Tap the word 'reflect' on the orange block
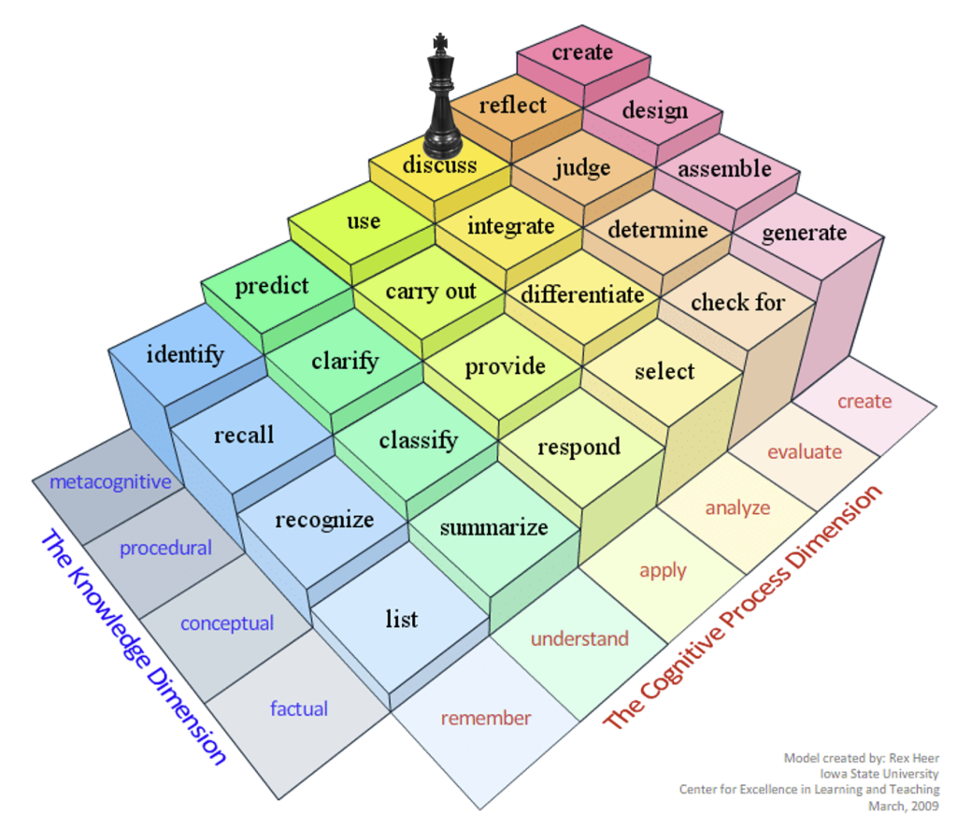[x=513, y=105]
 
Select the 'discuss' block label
[x=439, y=164]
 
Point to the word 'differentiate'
[x=582, y=294]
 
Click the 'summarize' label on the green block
[x=493, y=527]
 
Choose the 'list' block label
[x=402, y=619]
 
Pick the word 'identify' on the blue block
[x=185, y=354]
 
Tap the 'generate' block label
[x=805, y=234]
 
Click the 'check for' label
[x=738, y=302]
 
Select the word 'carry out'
[x=431, y=292]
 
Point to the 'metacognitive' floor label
[x=110, y=482]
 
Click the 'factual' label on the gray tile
[x=299, y=708]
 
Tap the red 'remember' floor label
[x=486, y=718]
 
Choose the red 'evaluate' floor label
[x=805, y=451]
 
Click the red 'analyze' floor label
[x=737, y=507]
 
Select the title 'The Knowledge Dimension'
[x=134, y=647]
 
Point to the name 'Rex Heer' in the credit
[x=914, y=758]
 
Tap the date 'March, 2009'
[x=904, y=807]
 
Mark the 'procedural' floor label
[x=165, y=549]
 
